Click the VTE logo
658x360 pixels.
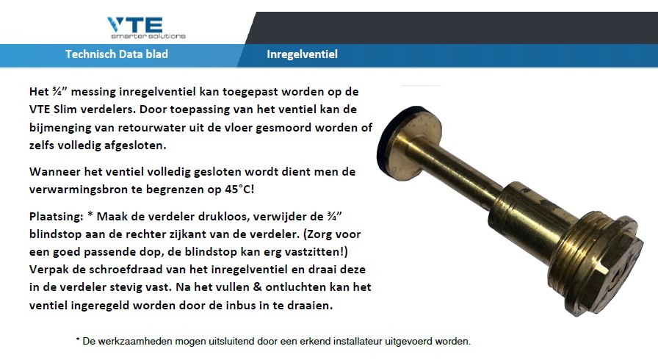click(x=146, y=28)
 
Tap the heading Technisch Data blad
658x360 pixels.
click(x=117, y=54)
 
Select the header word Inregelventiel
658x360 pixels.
click(x=302, y=54)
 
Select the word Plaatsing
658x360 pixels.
click(x=57, y=217)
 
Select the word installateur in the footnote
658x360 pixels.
click(x=358, y=342)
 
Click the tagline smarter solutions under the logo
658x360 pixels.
click(x=148, y=36)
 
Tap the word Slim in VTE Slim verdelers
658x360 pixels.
click(x=65, y=109)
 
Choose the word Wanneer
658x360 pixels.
click(x=55, y=172)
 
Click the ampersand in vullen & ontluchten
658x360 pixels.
click(x=256, y=287)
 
